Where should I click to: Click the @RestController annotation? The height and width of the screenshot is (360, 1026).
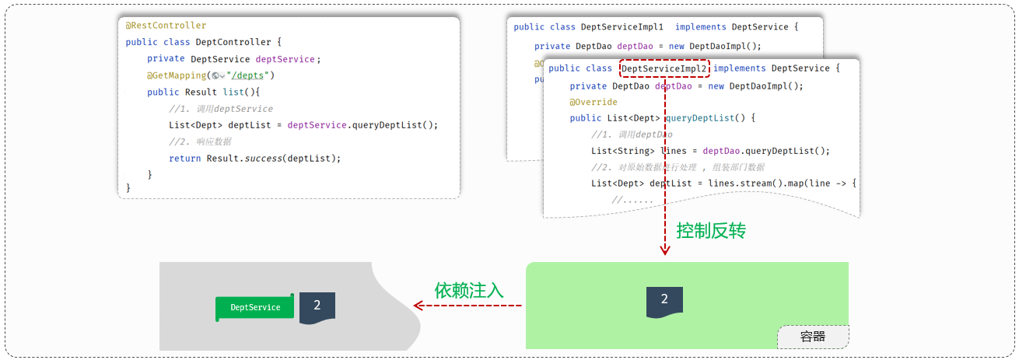(166, 26)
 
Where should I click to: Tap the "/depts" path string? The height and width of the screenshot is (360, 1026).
(250, 75)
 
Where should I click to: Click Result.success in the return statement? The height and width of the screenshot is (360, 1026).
(243, 158)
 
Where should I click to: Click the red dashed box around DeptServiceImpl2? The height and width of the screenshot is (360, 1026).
(665, 68)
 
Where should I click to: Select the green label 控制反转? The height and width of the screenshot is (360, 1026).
(711, 231)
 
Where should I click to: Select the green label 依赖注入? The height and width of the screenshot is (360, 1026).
(469, 291)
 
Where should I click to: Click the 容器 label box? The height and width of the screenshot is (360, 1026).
(813, 337)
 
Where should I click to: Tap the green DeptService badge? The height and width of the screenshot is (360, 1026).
(255, 307)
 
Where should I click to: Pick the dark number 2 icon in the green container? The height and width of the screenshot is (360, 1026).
(664, 301)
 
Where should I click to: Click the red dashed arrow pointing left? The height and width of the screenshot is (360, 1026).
(467, 306)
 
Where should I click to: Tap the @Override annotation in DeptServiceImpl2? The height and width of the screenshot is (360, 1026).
(594, 102)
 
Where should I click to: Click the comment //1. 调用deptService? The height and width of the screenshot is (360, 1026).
(221, 109)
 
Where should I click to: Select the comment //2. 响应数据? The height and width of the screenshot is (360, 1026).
(200, 142)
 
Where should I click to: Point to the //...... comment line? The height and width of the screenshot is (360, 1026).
(632, 201)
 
